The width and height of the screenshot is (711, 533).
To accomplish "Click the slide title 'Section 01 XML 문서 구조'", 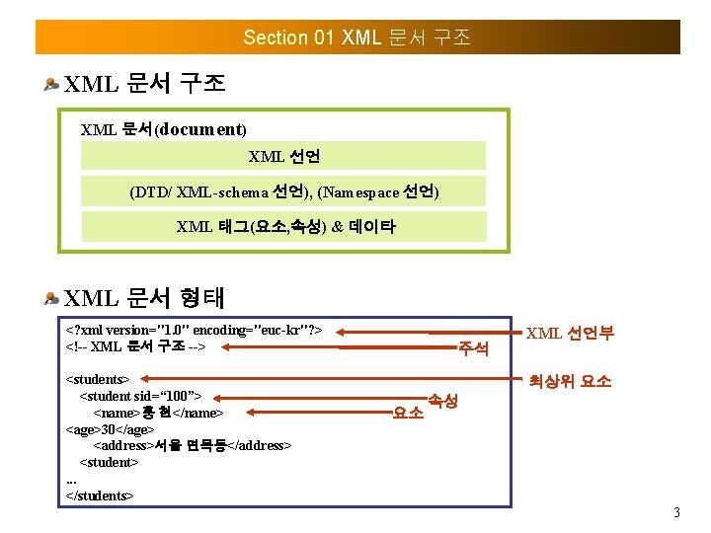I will click(x=356, y=38).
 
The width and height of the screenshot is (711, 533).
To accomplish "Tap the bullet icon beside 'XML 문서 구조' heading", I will click(x=51, y=84).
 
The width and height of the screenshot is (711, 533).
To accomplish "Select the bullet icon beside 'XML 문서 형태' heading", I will click(x=51, y=297).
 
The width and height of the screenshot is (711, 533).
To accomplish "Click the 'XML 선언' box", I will click(x=283, y=156).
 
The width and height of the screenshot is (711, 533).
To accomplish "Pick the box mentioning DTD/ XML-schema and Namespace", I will click(x=283, y=191).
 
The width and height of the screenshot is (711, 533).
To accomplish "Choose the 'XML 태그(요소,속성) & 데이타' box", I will click(x=283, y=226).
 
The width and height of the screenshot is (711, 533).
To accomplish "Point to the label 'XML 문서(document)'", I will click(x=163, y=129).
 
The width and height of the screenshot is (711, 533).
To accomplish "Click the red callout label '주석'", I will click(x=473, y=348).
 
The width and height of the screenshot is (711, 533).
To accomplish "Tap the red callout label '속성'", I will click(x=441, y=400).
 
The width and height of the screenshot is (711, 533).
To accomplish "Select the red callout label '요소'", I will click(x=408, y=413).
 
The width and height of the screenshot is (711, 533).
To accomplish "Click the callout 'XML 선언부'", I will click(x=570, y=334).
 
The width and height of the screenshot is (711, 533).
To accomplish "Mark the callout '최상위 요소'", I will click(x=570, y=380).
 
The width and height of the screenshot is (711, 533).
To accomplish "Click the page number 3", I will click(x=676, y=512).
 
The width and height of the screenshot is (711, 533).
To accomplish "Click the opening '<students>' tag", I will click(x=97, y=379).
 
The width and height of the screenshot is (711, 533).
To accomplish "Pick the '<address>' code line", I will click(x=192, y=445).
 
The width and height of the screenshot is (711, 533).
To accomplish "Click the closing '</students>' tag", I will click(x=99, y=495).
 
